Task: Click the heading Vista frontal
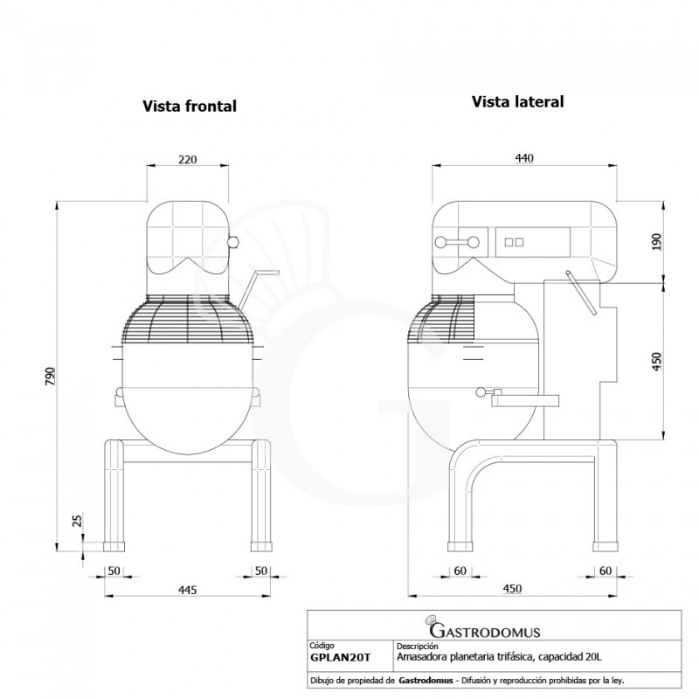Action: point(190,106)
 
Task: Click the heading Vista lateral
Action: point(517,101)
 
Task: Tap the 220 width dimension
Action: point(187,159)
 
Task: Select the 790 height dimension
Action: point(50,377)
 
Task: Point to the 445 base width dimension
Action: point(187,590)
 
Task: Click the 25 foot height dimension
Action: point(77,521)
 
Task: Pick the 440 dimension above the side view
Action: point(524,158)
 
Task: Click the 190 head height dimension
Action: point(657,242)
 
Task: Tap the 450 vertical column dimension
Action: point(657,361)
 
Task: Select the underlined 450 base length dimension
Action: point(512,589)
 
